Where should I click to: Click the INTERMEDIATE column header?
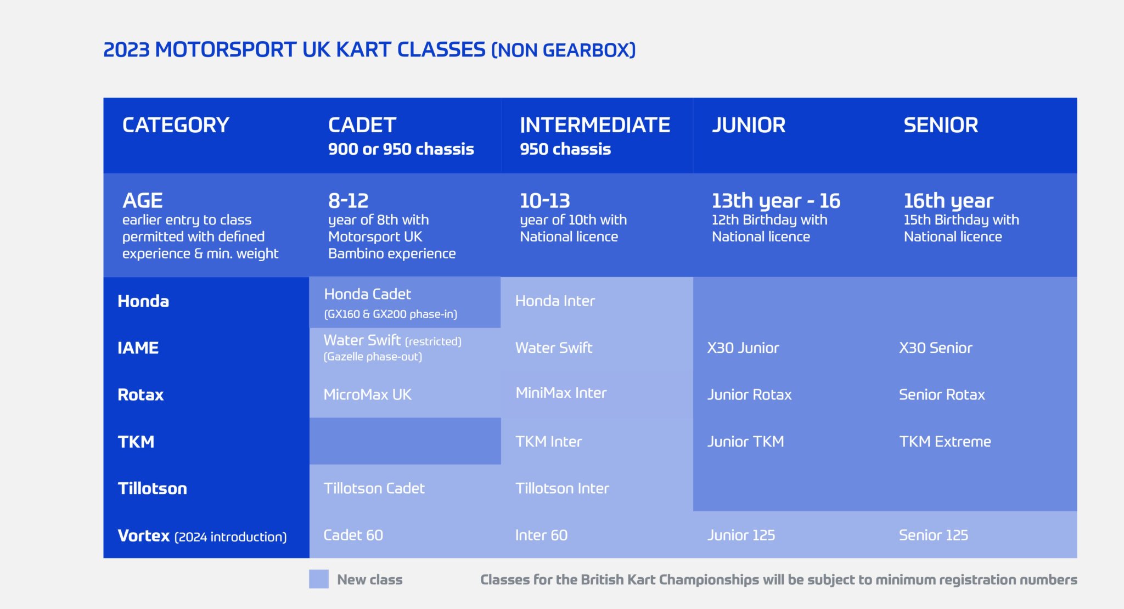click(x=595, y=125)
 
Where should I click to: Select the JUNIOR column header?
click(x=749, y=125)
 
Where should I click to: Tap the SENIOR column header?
click(x=941, y=125)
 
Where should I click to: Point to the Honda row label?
click(x=143, y=301)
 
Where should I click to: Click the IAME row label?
click(x=138, y=348)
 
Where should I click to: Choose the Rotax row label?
click(x=140, y=394)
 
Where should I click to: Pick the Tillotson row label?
click(x=153, y=488)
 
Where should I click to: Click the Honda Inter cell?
click(x=555, y=301)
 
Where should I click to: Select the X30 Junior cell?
click(x=743, y=348)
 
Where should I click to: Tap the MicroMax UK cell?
click(x=368, y=394)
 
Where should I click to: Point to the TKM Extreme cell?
click(x=945, y=442)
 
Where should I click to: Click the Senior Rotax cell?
click(x=942, y=394)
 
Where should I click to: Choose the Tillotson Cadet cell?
click(x=374, y=488)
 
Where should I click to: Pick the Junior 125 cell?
click(x=741, y=535)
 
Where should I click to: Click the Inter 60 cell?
click(x=541, y=535)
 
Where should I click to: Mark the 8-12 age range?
click(x=348, y=201)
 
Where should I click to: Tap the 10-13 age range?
click(x=545, y=201)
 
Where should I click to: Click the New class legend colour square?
click(x=319, y=579)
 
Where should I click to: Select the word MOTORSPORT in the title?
click(x=226, y=49)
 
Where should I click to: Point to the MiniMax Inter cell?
click(x=561, y=393)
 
